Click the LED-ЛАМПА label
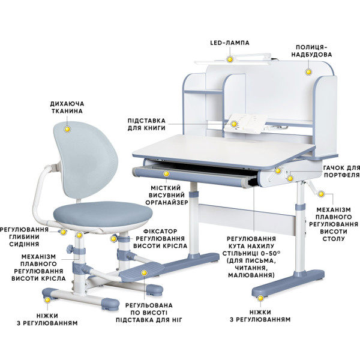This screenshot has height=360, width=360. coord(230,43)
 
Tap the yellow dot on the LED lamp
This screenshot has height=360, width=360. coord(230,59)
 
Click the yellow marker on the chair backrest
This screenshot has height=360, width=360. coord(67,129)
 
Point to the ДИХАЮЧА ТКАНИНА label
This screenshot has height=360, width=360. coord(67,107)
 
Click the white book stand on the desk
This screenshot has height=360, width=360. coord(245,124)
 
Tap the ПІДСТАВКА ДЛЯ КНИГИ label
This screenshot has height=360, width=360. coord(146,124)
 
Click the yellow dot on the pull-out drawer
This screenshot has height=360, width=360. coord(166,173)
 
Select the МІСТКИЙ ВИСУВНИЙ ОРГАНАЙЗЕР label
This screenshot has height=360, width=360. coord(167,195)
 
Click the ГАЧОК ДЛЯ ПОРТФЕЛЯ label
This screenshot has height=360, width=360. coord(341,172)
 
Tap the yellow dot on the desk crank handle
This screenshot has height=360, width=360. coord(321,194)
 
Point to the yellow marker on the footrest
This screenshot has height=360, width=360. coord(144,273)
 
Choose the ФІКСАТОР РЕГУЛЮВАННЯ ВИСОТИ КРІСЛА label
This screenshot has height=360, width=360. coord(160,239)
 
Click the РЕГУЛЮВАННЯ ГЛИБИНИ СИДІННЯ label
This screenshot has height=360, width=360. coord(25,237)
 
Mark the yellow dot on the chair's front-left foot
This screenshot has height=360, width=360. coord(47,300)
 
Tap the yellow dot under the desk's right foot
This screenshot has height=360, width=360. coord(260,298)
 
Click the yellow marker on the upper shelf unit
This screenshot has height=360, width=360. coord(308,72)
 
